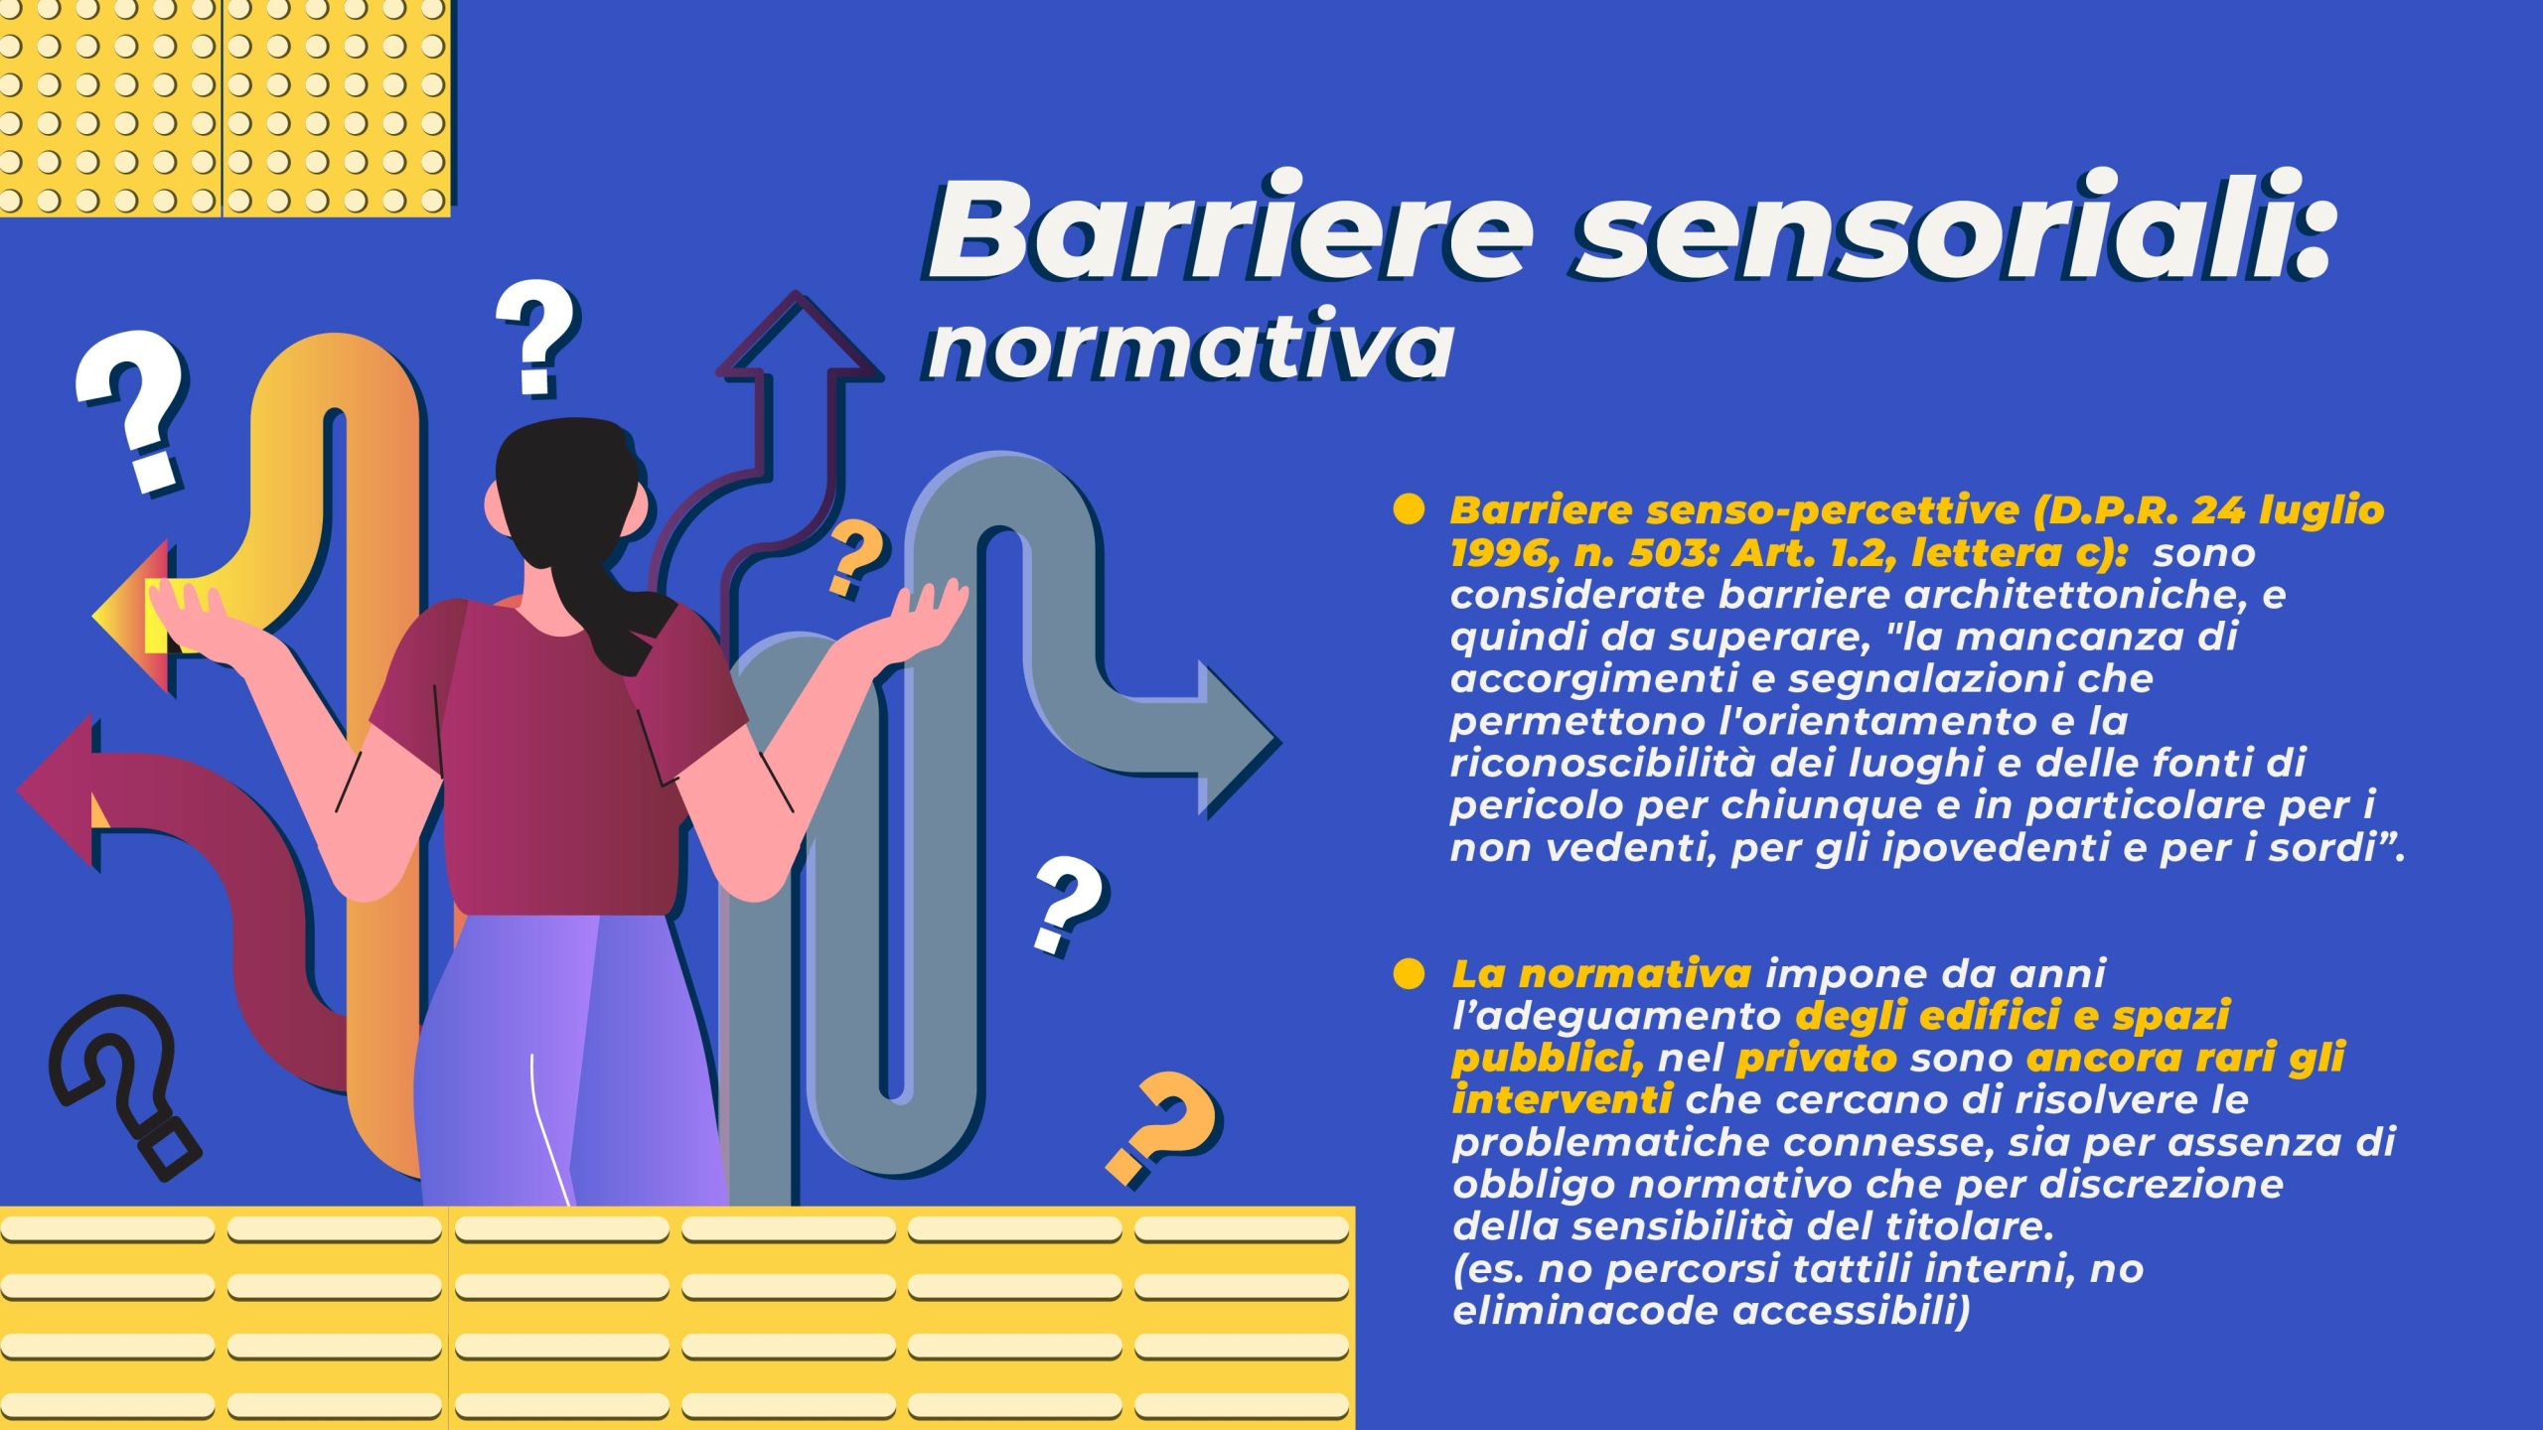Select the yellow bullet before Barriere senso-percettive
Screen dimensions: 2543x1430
point(1409,509)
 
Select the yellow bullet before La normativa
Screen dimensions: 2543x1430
point(1409,973)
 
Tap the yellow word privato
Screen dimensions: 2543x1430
point(1816,1059)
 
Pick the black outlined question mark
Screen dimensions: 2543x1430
point(124,1087)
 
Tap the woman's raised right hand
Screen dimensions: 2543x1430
point(929,616)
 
